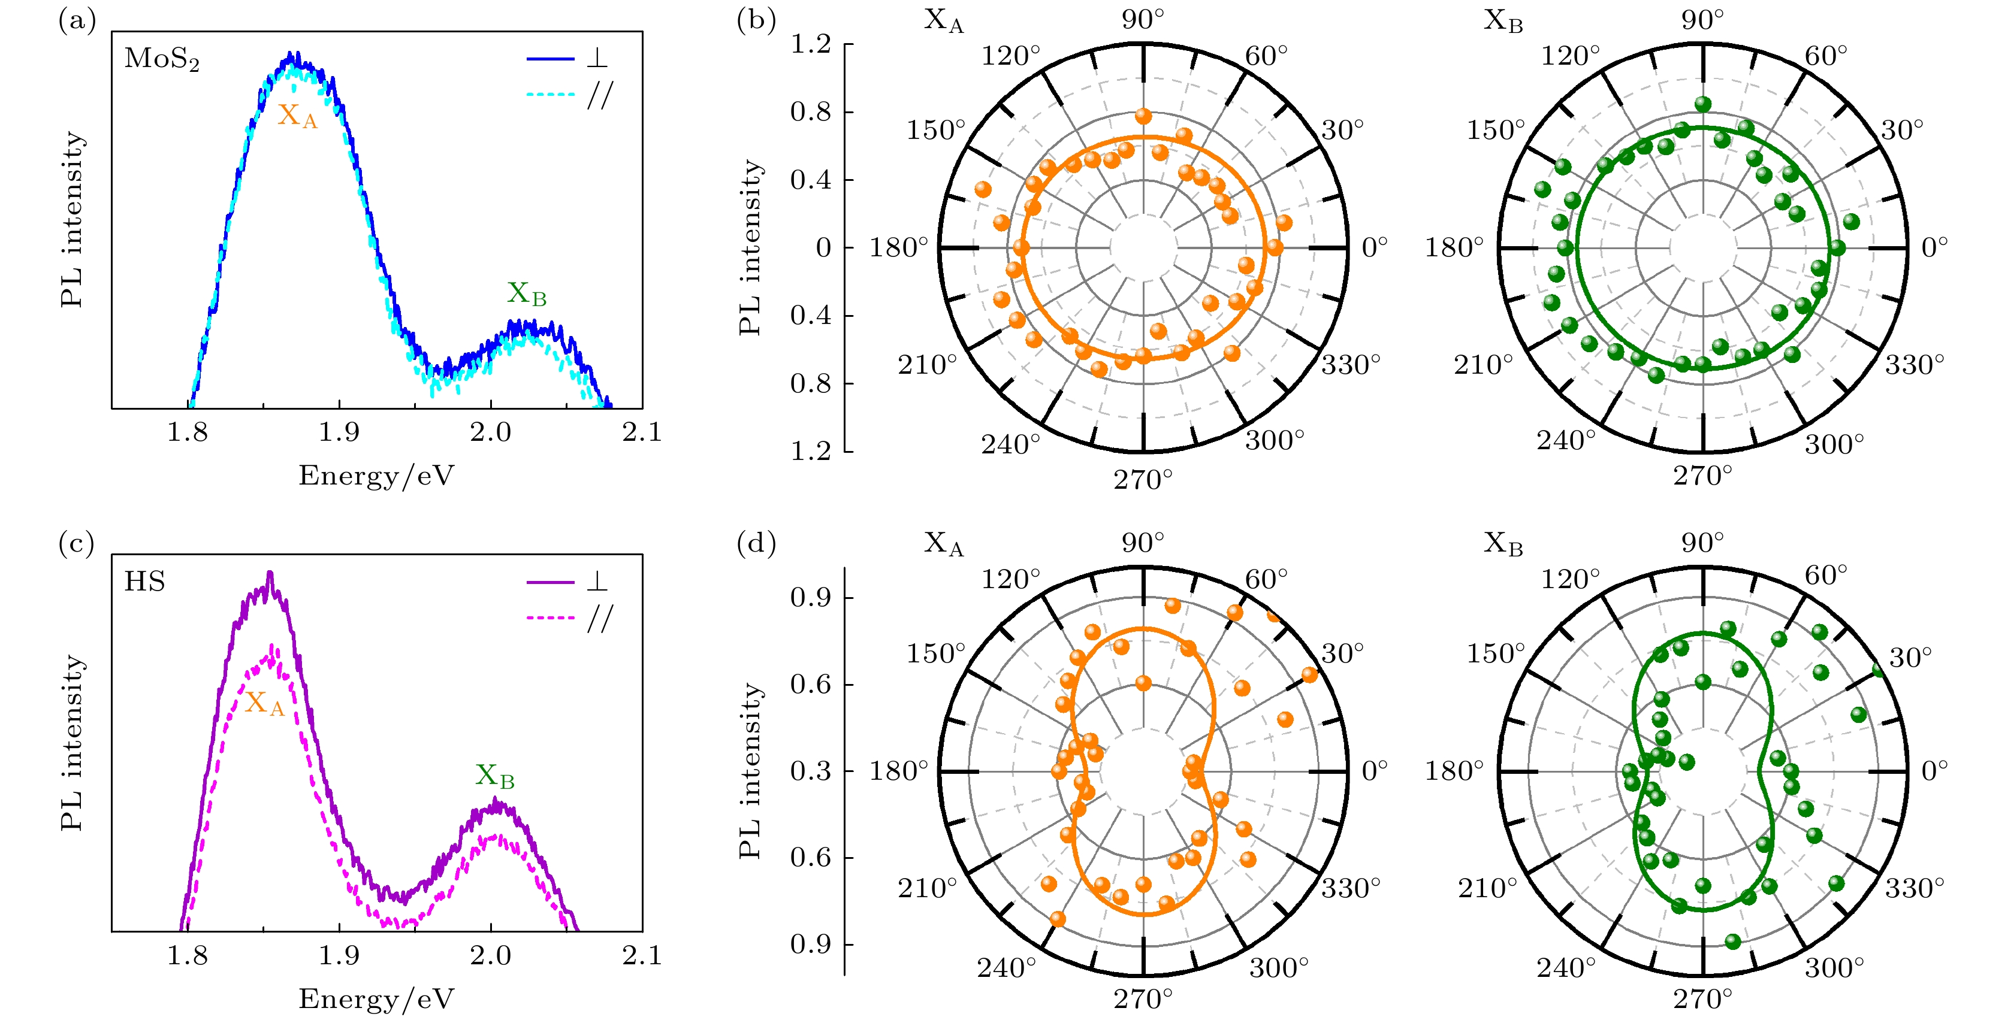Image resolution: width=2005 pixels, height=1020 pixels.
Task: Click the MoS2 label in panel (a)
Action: tap(162, 59)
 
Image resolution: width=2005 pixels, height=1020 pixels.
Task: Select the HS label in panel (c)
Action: tap(145, 582)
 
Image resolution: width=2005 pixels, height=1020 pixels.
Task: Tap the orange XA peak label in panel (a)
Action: tap(297, 116)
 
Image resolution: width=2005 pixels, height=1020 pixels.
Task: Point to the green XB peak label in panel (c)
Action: tap(495, 776)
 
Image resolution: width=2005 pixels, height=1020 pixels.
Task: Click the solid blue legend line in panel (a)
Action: tap(550, 58)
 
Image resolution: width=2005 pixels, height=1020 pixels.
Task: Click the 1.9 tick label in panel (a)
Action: tap(339, 432)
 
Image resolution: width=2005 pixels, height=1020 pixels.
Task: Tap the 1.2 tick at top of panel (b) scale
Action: tap(811, 45)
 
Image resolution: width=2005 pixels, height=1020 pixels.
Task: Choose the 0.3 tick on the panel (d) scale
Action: tap(811, 771)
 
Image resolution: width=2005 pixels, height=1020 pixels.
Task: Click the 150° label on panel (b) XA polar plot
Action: tap(935, 130)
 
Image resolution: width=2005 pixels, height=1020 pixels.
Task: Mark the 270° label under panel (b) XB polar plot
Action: tap(1703, 476)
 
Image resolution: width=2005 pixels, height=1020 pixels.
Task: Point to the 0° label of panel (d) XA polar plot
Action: tap(1375, 771)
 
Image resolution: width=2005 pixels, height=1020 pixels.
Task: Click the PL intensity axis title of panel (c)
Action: tap(73, 743)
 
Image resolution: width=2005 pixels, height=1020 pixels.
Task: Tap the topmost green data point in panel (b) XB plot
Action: tap(1703, 104)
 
